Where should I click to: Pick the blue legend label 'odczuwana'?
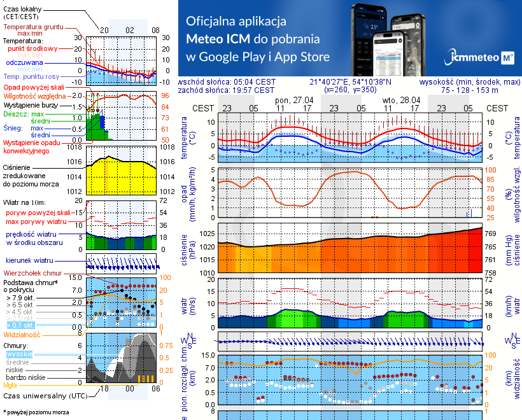tap(24, 63)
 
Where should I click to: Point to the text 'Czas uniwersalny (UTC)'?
tap(43, 396)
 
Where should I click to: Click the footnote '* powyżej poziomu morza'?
tap(35, 412)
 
